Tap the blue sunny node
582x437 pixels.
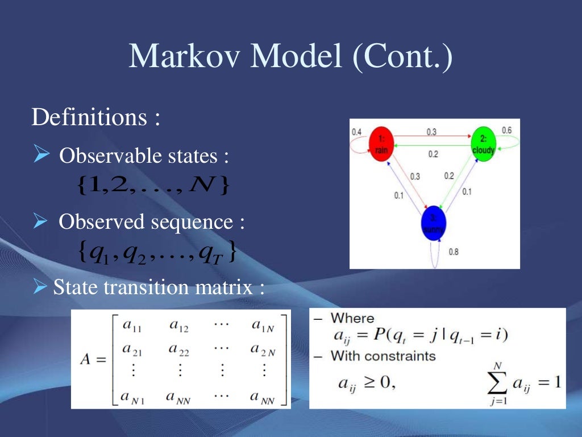pos(434,224)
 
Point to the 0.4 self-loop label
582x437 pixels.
pos(356,132)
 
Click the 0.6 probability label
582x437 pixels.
pos(506,130)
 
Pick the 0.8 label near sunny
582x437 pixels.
pos(454,252)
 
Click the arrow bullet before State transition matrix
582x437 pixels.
pos(40,287)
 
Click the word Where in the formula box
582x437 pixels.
pos(352,318)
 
